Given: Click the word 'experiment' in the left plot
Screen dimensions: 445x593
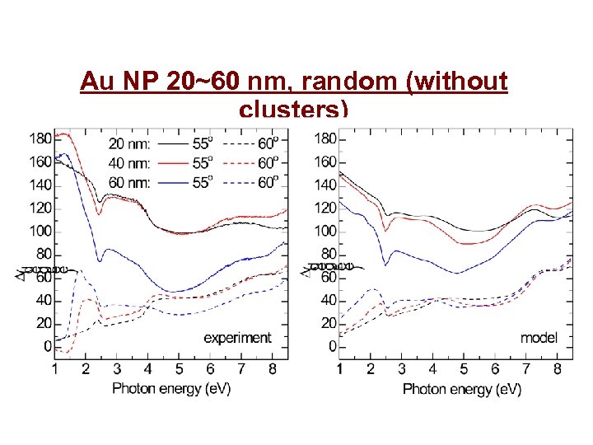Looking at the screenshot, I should (x=237, y=337).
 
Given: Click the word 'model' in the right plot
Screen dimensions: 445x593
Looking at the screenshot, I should (x=539, y=337).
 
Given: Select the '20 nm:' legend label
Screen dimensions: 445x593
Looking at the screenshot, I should (x=129, y=143).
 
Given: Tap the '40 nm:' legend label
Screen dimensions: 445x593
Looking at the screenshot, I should (x=129, y=162).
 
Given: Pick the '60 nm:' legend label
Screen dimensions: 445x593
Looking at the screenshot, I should (x=129, y=182).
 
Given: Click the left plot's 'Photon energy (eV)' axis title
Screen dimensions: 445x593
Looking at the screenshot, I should (x=171, y=388).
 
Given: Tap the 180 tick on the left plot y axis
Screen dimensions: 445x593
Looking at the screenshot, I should (x=40, y=138).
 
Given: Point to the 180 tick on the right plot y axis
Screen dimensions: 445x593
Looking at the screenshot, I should (x=325, y=138).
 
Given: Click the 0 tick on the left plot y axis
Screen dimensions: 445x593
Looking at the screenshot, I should (x=47, y=347).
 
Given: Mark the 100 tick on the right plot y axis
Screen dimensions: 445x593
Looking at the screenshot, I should (x=325, y=231).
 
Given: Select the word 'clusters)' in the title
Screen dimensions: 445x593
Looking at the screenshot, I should (x=293, y=109).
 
